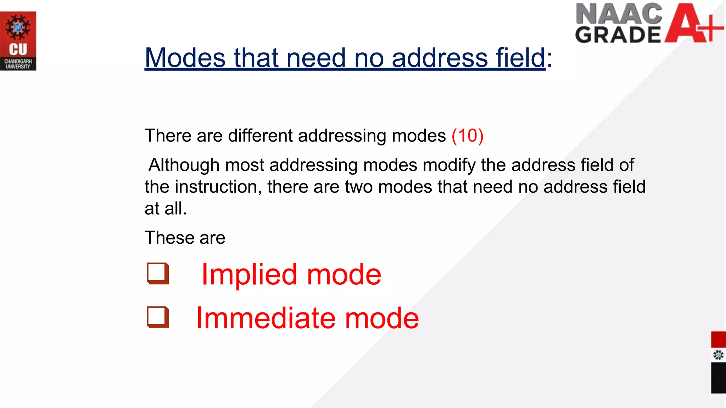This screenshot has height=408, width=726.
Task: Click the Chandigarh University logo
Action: click(18, 41)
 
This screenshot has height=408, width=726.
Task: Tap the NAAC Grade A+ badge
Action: click(649, 23)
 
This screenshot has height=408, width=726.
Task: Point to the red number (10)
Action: click(467, 136)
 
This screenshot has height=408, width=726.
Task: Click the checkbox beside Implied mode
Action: click(158, 273)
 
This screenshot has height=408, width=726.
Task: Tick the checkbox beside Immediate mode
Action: click(158, 317)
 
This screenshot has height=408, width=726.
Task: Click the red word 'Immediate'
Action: click(264, 318)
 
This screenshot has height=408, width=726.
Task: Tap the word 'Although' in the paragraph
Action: click(184, 165)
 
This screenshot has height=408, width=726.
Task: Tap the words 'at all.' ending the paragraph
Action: click(166, 209)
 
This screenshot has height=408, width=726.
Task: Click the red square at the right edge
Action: click(718, 340)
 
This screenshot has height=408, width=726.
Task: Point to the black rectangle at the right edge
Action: click(718, 378)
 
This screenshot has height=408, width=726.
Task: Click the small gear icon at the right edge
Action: click(718, 355)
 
